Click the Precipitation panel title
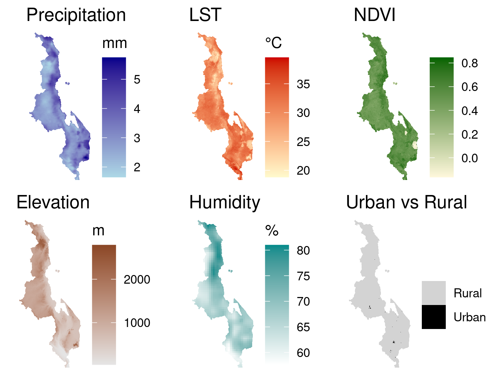76,15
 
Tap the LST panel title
205,15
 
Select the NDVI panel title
375,15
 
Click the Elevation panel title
53,203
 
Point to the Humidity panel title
225,203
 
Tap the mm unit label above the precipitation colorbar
114,43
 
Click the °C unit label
273,43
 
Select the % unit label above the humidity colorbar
272,231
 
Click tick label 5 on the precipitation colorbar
137,80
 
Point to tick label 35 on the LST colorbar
303,84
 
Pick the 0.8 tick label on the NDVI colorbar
469,63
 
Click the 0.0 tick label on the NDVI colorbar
469,158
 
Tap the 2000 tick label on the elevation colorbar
137,280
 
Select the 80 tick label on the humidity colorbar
303,251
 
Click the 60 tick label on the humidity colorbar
303,353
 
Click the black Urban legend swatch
433,317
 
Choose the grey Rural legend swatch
433,293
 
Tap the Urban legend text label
469,317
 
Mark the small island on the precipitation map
68,83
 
